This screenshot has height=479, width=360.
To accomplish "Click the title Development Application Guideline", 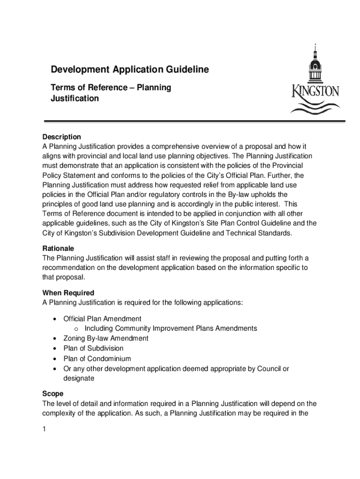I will click(130, 70).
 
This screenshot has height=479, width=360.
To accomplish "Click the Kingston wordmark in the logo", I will click(316, 90).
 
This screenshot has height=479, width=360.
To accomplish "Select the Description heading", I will click(62, 137).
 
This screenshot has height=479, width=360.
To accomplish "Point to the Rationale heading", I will click(58, 248).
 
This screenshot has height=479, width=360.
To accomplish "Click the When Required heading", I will click(68, 293).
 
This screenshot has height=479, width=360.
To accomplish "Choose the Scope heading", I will click(53, 394).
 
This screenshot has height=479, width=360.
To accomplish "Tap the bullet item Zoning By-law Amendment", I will click(106, 338).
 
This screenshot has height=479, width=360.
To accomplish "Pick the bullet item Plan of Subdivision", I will click(94, 348).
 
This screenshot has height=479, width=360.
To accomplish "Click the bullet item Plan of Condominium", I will click(97, 359).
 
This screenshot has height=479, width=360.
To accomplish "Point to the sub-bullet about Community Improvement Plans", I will click(171, 328).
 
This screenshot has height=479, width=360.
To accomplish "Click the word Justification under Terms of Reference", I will click(75, 99).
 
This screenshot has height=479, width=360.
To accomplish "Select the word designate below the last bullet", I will click(79, 378).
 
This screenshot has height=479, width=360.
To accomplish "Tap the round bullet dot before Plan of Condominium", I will click(56, 359).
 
